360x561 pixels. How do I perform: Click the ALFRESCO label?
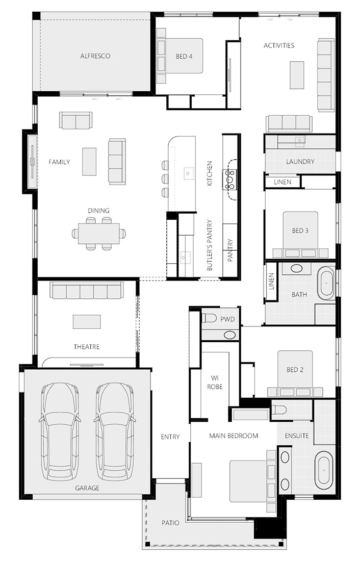pyautogui.click(x=95, y=56)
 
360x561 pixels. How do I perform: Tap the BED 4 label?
pyautogui.click(x=184, y=56)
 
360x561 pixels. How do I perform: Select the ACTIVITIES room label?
pyautogui.click(x=279, y=45)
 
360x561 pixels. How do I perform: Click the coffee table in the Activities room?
pyautogui.click(x=297, y=75)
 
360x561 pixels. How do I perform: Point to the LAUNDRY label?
pyautogui.click(x=300, y=162)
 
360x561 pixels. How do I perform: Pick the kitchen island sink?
pyautogui.click(x=188, y=173)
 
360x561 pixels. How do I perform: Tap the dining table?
pyautogui.click(x=99, y=234)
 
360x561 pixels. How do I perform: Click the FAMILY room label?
pyautogui.click(x=59, y=162)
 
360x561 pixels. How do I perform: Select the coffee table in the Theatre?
pyautogui.click(x=87, y=322)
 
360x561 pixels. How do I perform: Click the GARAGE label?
pyautogui.click(x=87, y=488)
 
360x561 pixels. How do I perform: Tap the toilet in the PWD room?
pyautogui.click(x=209, y=318)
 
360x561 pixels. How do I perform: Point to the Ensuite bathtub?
pyautogui.click(x=323, y=470)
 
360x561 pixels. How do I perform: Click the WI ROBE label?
pyautogui.click(x=214, y=382)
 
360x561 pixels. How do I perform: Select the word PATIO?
pyautogui.click(x=170, y=523)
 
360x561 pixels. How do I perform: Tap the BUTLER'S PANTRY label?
pyautogui.click(x=210, y=245)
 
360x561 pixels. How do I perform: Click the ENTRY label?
pyautogui.click(x=170, y=437)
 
